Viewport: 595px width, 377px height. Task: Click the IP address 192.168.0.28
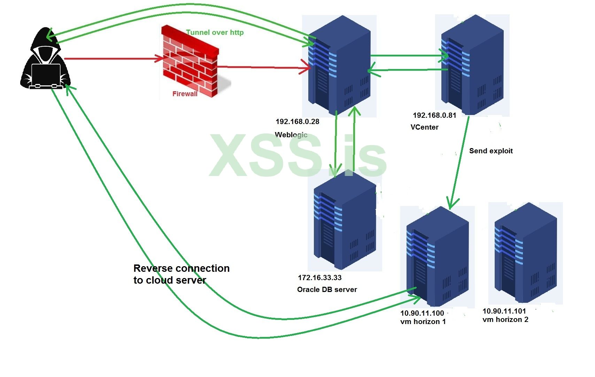click(297, 122)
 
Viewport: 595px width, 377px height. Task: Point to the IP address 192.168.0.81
click(434, 115)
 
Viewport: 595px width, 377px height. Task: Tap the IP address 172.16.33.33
click(319, 278)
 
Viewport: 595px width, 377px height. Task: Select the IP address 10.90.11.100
click(422, 313)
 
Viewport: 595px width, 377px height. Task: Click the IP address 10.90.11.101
click(504, 311)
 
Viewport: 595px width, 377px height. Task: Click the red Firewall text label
click(185, 94)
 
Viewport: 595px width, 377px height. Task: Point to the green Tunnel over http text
click(215, 32)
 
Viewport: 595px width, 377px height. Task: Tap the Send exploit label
click(490, 151)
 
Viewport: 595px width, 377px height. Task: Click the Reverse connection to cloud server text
click(181, 274)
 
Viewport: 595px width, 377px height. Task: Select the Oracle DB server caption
click(327, 290)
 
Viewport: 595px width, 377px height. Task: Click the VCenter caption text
click(424, 127)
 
